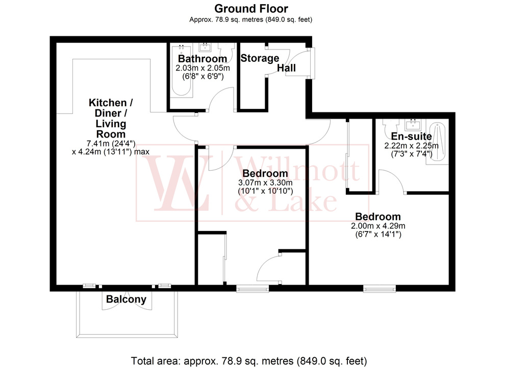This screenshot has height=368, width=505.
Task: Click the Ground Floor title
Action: [x=250, y=9]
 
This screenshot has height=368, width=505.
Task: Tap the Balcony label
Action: [x=126, y=300]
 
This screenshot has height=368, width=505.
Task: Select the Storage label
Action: [x=260, y=58]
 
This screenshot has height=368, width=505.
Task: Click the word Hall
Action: [x=287, y=68]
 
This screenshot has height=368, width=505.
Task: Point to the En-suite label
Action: [x=411, y=136]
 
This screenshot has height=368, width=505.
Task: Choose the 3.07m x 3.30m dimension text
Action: [x=265, y=183]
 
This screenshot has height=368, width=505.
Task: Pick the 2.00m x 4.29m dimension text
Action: [x=377, y=226]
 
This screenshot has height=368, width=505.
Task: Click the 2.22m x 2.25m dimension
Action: [x=411, y=145]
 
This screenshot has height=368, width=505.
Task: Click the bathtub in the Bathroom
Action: [x=181, y=72]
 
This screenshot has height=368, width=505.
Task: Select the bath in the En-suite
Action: [x=437, y=142]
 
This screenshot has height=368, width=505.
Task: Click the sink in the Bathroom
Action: [x=206, y=48]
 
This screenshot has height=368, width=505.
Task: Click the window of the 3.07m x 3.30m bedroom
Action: [x=252, y=289]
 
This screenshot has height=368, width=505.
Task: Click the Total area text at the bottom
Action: [x=249, y=360]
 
